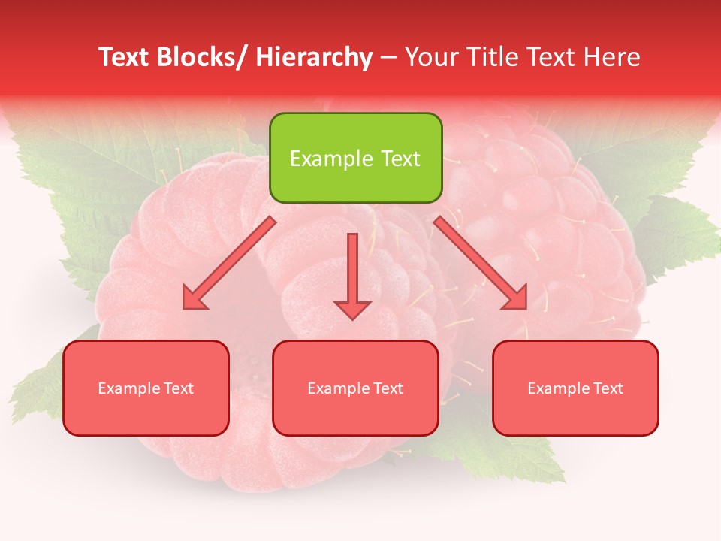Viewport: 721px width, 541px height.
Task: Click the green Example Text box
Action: click(x=355, y=158)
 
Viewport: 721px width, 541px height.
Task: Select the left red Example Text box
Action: click(x=146, y=388)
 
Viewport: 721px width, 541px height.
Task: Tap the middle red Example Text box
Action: click(x=355, y=388)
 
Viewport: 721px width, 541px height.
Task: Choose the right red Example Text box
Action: click(x=575, y=388)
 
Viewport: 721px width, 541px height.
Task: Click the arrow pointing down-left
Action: click(x=229, y=264)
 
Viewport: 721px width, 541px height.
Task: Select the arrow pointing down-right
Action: click(x=481, y=263)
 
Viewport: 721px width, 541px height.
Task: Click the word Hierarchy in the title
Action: click(x=314, y=57)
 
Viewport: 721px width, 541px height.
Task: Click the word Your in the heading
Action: click(x=431, y=57)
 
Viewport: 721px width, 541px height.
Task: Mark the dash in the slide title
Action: click(x=388, y=57)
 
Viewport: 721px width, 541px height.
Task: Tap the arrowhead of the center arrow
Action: click(x=352, y=309)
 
